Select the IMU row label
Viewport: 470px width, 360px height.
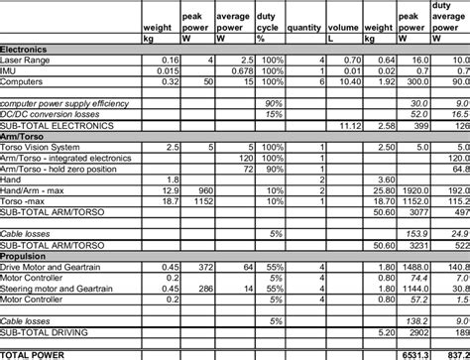coord(9,71)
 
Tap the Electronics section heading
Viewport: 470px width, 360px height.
coord(23,50)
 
